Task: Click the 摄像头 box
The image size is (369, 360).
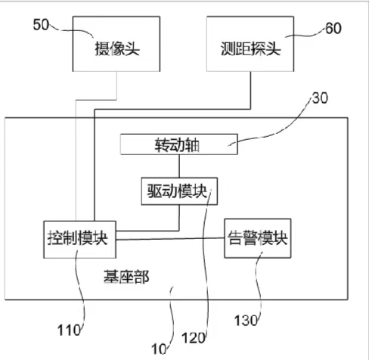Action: (x=116, y=44)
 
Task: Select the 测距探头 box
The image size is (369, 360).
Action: (x=250, y=44)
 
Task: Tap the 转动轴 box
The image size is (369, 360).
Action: (x=179, y=144)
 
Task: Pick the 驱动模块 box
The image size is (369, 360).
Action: (x=179, y=191)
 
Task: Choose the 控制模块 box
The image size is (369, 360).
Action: (x=79, y=240)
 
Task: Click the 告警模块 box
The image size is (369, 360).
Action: (x=258, y=238)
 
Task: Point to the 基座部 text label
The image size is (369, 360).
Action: (x=126, y=277)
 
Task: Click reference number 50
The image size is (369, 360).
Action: (x=41, y=25)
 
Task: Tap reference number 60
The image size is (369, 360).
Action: (x=333, y=28)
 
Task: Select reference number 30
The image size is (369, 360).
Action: (x=320, y=98)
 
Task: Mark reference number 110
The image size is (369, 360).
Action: (x=69, y=330)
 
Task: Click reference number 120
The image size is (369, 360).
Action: (x=193, y=338)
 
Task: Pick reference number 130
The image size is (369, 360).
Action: (x=246, y=321)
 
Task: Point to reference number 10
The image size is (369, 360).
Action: (x=159, y=349)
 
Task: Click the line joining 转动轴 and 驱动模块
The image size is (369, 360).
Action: (x=179, y=166)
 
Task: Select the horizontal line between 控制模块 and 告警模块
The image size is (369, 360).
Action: (x=170, y=239)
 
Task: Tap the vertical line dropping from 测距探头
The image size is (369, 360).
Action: (x=250, y=91)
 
